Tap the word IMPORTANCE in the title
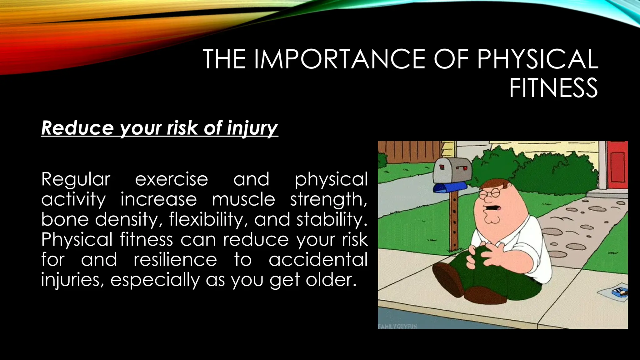coord(339,59)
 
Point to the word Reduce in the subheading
coord(77,128)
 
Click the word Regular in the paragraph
coord(76,180)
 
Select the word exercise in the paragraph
coord(171,180)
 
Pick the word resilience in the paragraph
coord(175,260)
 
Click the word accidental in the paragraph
coord(318,260)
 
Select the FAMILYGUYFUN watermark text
coord(397,326)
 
